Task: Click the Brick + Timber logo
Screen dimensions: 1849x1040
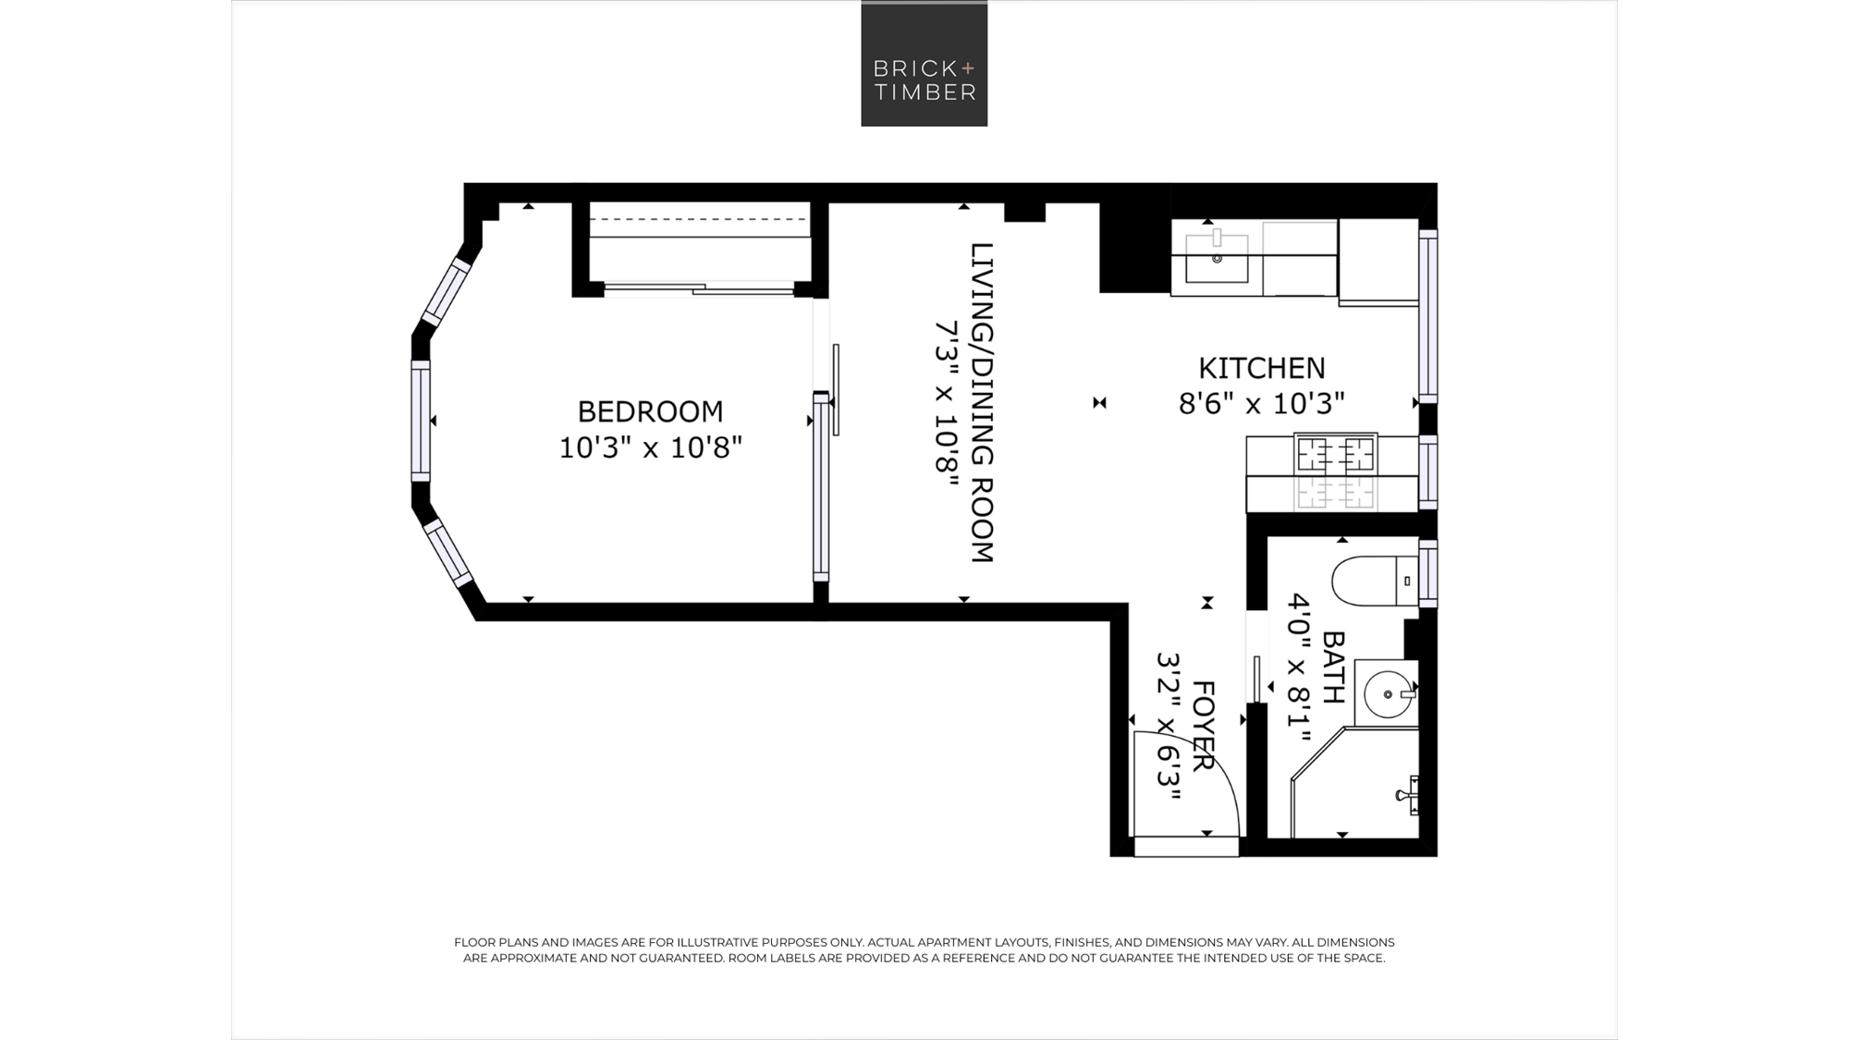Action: pos(924,64)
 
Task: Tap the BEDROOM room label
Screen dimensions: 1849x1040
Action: pos(651,411)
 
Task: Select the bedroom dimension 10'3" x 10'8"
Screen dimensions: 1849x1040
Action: pos(651,448)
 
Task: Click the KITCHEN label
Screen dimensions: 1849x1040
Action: pos(1262,368)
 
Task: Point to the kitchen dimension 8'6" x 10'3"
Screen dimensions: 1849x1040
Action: pos(1262,404)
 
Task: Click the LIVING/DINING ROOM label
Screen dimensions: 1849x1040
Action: pos(982,403)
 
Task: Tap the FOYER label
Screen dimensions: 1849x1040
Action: pos(1203,727)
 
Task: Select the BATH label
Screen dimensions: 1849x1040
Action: pos(1333,667)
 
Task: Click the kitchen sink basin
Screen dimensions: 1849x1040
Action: pos(1217,258)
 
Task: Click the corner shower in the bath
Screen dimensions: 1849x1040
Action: pos(1355,783)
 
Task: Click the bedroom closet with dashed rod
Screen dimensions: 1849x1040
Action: pos(700,242)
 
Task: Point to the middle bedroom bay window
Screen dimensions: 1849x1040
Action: pos(421,421)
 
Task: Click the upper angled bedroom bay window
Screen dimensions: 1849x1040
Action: pos(447,291)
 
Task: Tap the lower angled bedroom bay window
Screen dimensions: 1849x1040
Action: pos(448,553)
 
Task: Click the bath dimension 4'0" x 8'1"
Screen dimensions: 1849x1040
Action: pos(1300,667)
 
